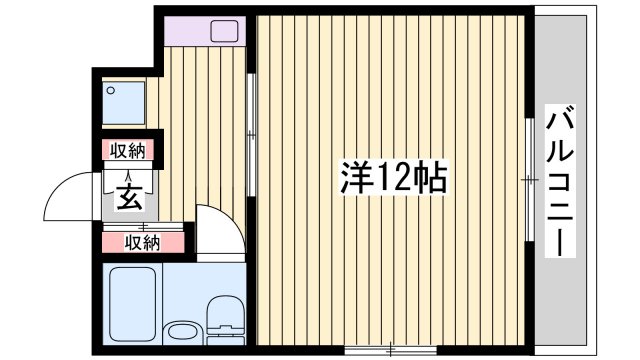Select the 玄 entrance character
tap(130, 197)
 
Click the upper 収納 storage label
tap(128, 151)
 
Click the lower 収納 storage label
tap(141, 241)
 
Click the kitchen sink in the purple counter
tap(224, 31)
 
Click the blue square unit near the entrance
tap(124, 102)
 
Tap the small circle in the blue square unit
tap(112, 90)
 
